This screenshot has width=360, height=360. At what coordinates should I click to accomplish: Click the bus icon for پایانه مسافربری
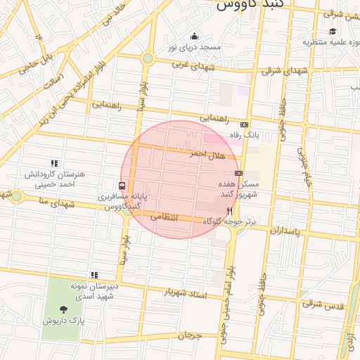pyautogui.click(x=123, y=186)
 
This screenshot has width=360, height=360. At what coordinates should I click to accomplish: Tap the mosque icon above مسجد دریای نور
pyautogui.click(x=194, y=37)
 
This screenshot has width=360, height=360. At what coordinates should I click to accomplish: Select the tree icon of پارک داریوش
pyautogui.click(x=64, y=309)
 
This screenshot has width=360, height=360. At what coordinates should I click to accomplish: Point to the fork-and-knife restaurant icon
pyautogui.click(x=229, y=210)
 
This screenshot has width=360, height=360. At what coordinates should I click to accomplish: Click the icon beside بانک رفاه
pyautogui.click(x=244, y=124)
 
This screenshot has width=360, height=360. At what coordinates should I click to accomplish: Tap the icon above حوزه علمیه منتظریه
pyautogui.click(x=332, y=31)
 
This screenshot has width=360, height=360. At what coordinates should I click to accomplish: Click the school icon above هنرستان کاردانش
pyautogui.click(x=54, y=163)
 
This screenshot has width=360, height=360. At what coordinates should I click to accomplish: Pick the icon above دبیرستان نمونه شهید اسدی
pyautogui.click(x=94, y=275)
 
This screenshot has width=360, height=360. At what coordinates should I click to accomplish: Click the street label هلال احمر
pyautogui.click(x=205, y=153)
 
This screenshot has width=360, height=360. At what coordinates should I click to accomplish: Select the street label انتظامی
pyautogui.click(x=183, y=219)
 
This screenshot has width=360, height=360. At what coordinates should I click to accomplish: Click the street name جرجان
pyautogui.click(x=189, y=336)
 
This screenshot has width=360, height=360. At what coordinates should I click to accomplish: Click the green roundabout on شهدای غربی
pyautogui.click(x=148, y=58)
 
